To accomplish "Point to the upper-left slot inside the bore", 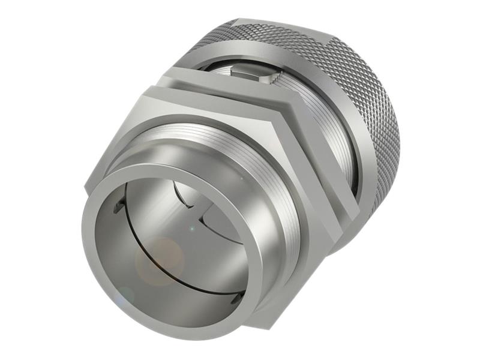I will [x=119, y=207].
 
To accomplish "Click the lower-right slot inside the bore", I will [x=238, y=296].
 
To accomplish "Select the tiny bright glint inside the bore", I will [x=191, y=229].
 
